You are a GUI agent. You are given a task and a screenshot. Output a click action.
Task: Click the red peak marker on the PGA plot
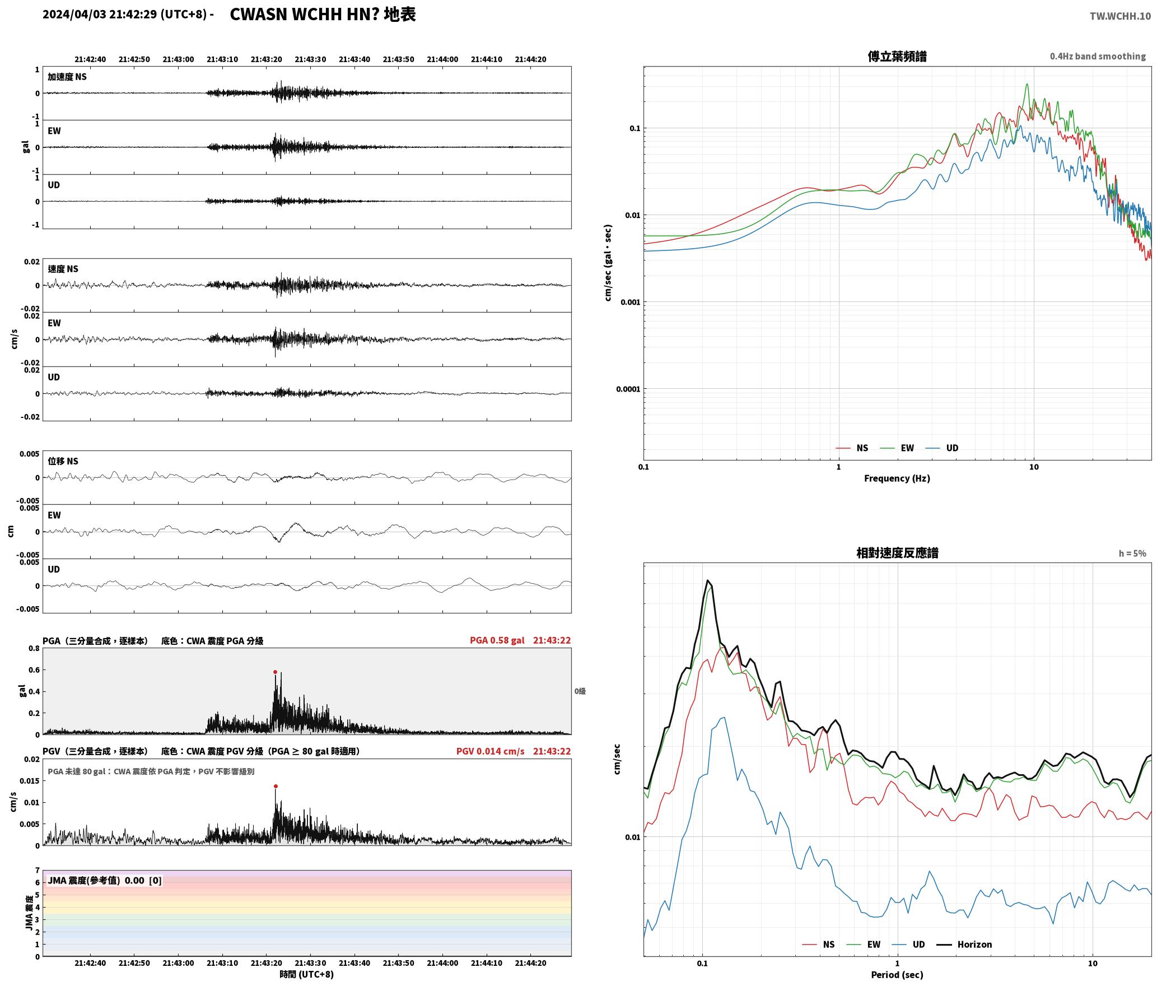tap(275, 672)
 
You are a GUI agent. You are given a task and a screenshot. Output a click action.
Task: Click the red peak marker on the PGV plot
tap(276, 786)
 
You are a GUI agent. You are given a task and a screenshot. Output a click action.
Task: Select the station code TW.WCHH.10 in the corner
tap(1120, 16)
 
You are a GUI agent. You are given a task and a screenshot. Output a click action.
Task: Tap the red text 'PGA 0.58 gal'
tap(497, 640)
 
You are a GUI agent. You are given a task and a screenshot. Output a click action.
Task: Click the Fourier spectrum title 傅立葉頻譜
tap(897, 56)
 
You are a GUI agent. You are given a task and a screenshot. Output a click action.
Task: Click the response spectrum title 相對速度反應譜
tap(897, 553)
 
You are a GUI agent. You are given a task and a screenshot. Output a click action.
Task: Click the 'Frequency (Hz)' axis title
tap(897, 478)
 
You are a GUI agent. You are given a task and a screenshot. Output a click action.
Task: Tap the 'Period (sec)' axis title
tap(897, 975)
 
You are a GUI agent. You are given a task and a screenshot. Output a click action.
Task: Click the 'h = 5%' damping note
tap(1132, 554)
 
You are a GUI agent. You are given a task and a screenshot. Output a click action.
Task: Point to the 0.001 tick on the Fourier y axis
tap(630, 302)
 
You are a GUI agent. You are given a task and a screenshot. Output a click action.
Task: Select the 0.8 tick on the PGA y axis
tap(34, 649)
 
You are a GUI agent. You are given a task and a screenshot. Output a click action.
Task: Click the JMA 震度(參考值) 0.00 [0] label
tap(105, 881)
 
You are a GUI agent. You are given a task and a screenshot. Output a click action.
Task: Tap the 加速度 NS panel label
tap(67, 77)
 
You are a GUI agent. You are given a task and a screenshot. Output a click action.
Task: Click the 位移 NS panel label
tap(63, 461)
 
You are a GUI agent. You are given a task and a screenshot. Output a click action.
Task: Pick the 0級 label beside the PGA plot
tap(580, 691)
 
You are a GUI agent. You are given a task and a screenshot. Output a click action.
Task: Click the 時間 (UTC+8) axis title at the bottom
tap(307, 974)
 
